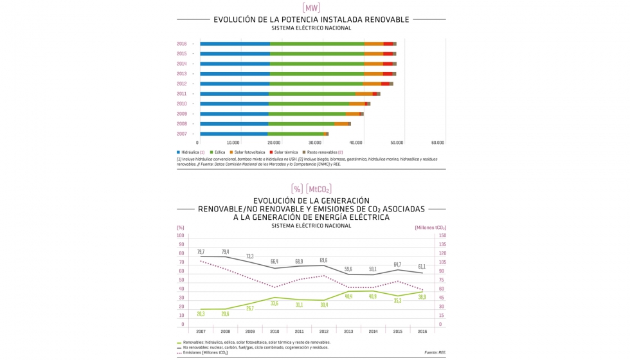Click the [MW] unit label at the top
311,8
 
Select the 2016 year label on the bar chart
182,44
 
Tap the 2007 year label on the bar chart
182,134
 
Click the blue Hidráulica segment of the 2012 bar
235,84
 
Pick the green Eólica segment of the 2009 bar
307,114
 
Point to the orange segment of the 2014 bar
373,64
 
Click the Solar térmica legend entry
285,152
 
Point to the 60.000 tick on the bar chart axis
437,143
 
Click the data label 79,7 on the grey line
201,251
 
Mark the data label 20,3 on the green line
201,314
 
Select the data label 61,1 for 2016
422,266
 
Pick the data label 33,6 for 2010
274,303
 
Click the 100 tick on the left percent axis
181,236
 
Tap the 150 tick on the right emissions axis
442,236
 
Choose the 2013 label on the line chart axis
348,331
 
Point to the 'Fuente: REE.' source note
435,352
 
